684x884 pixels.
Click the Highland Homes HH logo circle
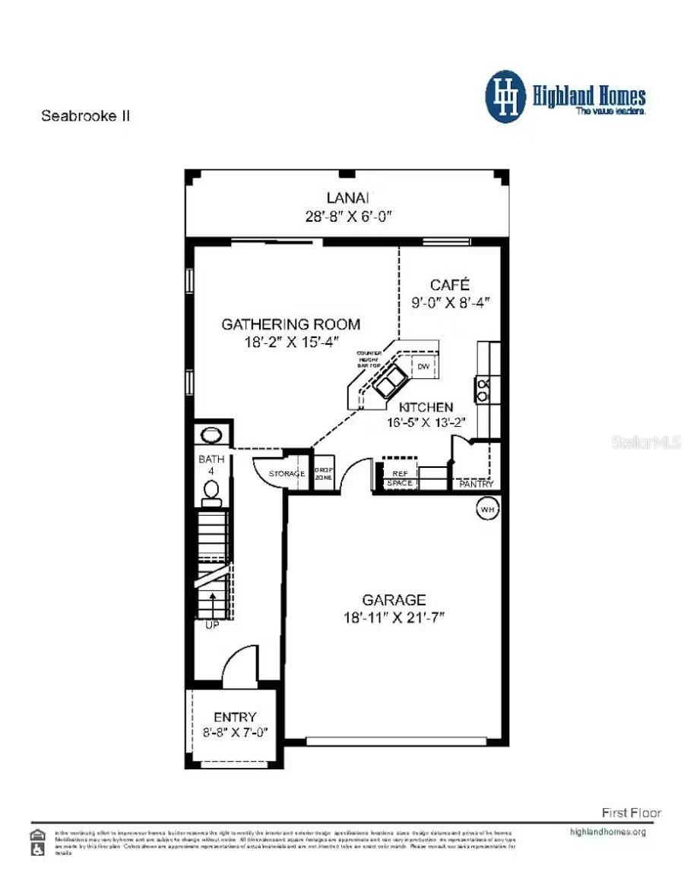pyautogui.click(x=505, y=96)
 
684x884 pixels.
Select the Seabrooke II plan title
pyautogui.click(x=86, y=116)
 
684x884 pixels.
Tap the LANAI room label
pyautogui.click(x=347, y=198)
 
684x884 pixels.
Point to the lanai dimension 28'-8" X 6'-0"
pyautogui.click(x=347, y=216)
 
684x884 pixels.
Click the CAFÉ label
pyautogui.click(x=450, y=285)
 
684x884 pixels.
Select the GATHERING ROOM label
pyautogui.click(x=290, y=324)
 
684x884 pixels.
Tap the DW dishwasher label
pyautogui.click(x=424, y=367)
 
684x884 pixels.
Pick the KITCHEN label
pyautogui.click(x=426, y=407)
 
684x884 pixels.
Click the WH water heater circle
pyautogui.click(x=486, y=510)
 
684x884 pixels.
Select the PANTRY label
pyautogui.click(x=477, y=484)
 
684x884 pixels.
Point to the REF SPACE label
pyautogui.click(x=400, y=478)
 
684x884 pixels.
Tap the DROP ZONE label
pyautogui.click(x=325, y=474)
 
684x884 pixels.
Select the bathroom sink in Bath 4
pyautogui.click(x=210, y=435)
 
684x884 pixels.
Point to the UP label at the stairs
pyautogui.click(x=211, y=625)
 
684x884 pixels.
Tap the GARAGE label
pyautogui.click(x=394, y=600)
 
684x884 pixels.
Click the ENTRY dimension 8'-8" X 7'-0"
pyautogui.click(x=235, y=733)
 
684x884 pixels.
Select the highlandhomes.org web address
pyautogui.click(x=607, y=831)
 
